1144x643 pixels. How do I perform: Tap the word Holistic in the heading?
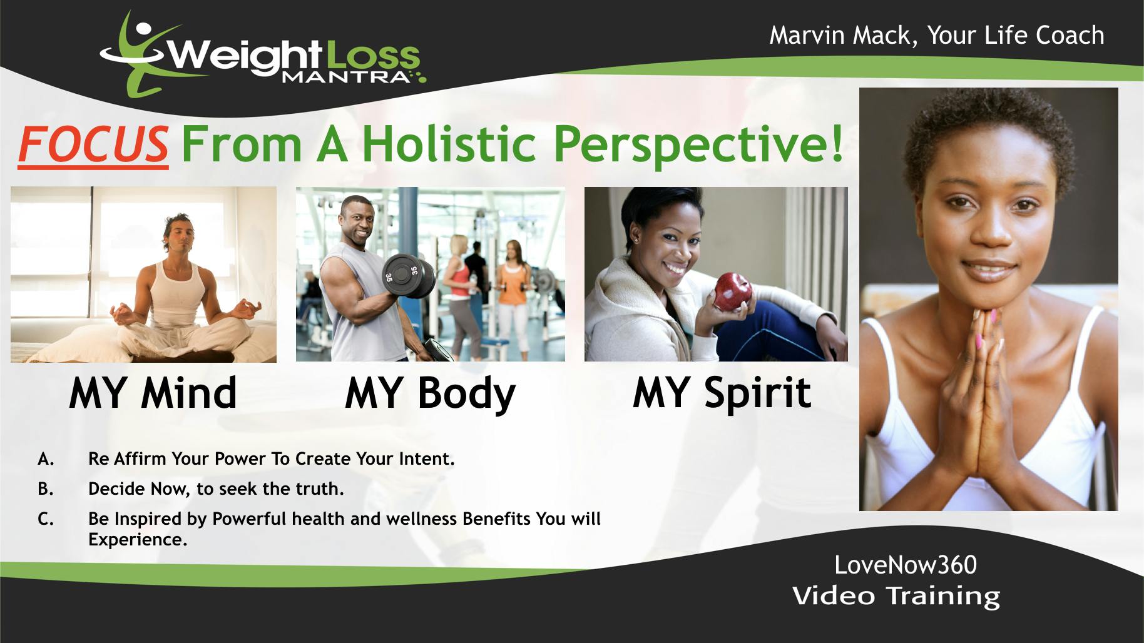coord(449,143)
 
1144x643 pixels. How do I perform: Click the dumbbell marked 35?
coord(409,275)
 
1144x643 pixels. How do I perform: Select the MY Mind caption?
coord(153,393)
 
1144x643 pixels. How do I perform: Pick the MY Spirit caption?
coord(722,393)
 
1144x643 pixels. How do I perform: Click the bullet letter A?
coord(46,459)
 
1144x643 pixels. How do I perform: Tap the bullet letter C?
coord(46,519)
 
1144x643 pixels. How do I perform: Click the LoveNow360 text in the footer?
coord(906,565)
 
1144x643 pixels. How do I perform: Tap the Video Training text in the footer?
coord(896,595)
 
